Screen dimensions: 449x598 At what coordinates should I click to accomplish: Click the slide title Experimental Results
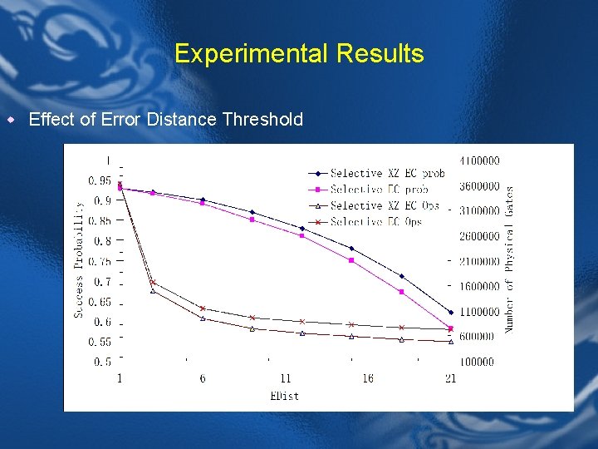tap(299, 54)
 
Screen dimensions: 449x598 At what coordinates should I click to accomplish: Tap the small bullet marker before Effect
tap(11, 120)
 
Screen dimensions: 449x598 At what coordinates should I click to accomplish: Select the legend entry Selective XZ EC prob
tap(386, 174)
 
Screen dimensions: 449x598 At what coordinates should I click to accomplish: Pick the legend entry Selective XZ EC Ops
tap(383, 205)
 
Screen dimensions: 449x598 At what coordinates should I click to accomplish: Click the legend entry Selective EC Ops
tap(375, 222)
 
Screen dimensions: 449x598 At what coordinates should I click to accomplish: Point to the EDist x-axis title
tap(285, 396)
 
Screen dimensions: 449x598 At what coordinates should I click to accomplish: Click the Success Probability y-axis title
tap(79, 259)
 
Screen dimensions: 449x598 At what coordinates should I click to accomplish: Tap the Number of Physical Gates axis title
tap(509, 259)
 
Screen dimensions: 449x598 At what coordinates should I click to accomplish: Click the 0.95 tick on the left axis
tap(100, 180)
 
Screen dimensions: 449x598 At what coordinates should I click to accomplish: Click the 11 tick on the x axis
tap(285, 379)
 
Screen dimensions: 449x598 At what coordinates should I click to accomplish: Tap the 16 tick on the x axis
tap(368, 379)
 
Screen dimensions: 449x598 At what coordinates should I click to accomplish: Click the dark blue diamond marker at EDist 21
tap(451, 313)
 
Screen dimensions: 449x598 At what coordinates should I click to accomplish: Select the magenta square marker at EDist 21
tap(451, 328)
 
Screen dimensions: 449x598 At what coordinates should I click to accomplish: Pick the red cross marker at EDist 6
tap(203, 308)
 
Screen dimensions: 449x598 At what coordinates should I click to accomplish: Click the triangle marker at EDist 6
tap(203, 318)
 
